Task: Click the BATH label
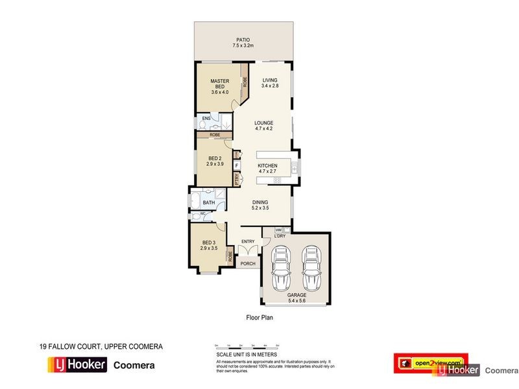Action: point(208,202)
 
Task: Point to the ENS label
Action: point(206,119)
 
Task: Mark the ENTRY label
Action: point(248,242)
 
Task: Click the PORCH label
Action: point(248,264)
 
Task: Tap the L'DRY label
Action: point(280,236)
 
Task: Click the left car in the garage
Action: point(282,267)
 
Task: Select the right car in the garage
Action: point(311,267)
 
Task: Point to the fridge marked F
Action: point(237,165)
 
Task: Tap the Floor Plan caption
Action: point(259,318)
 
